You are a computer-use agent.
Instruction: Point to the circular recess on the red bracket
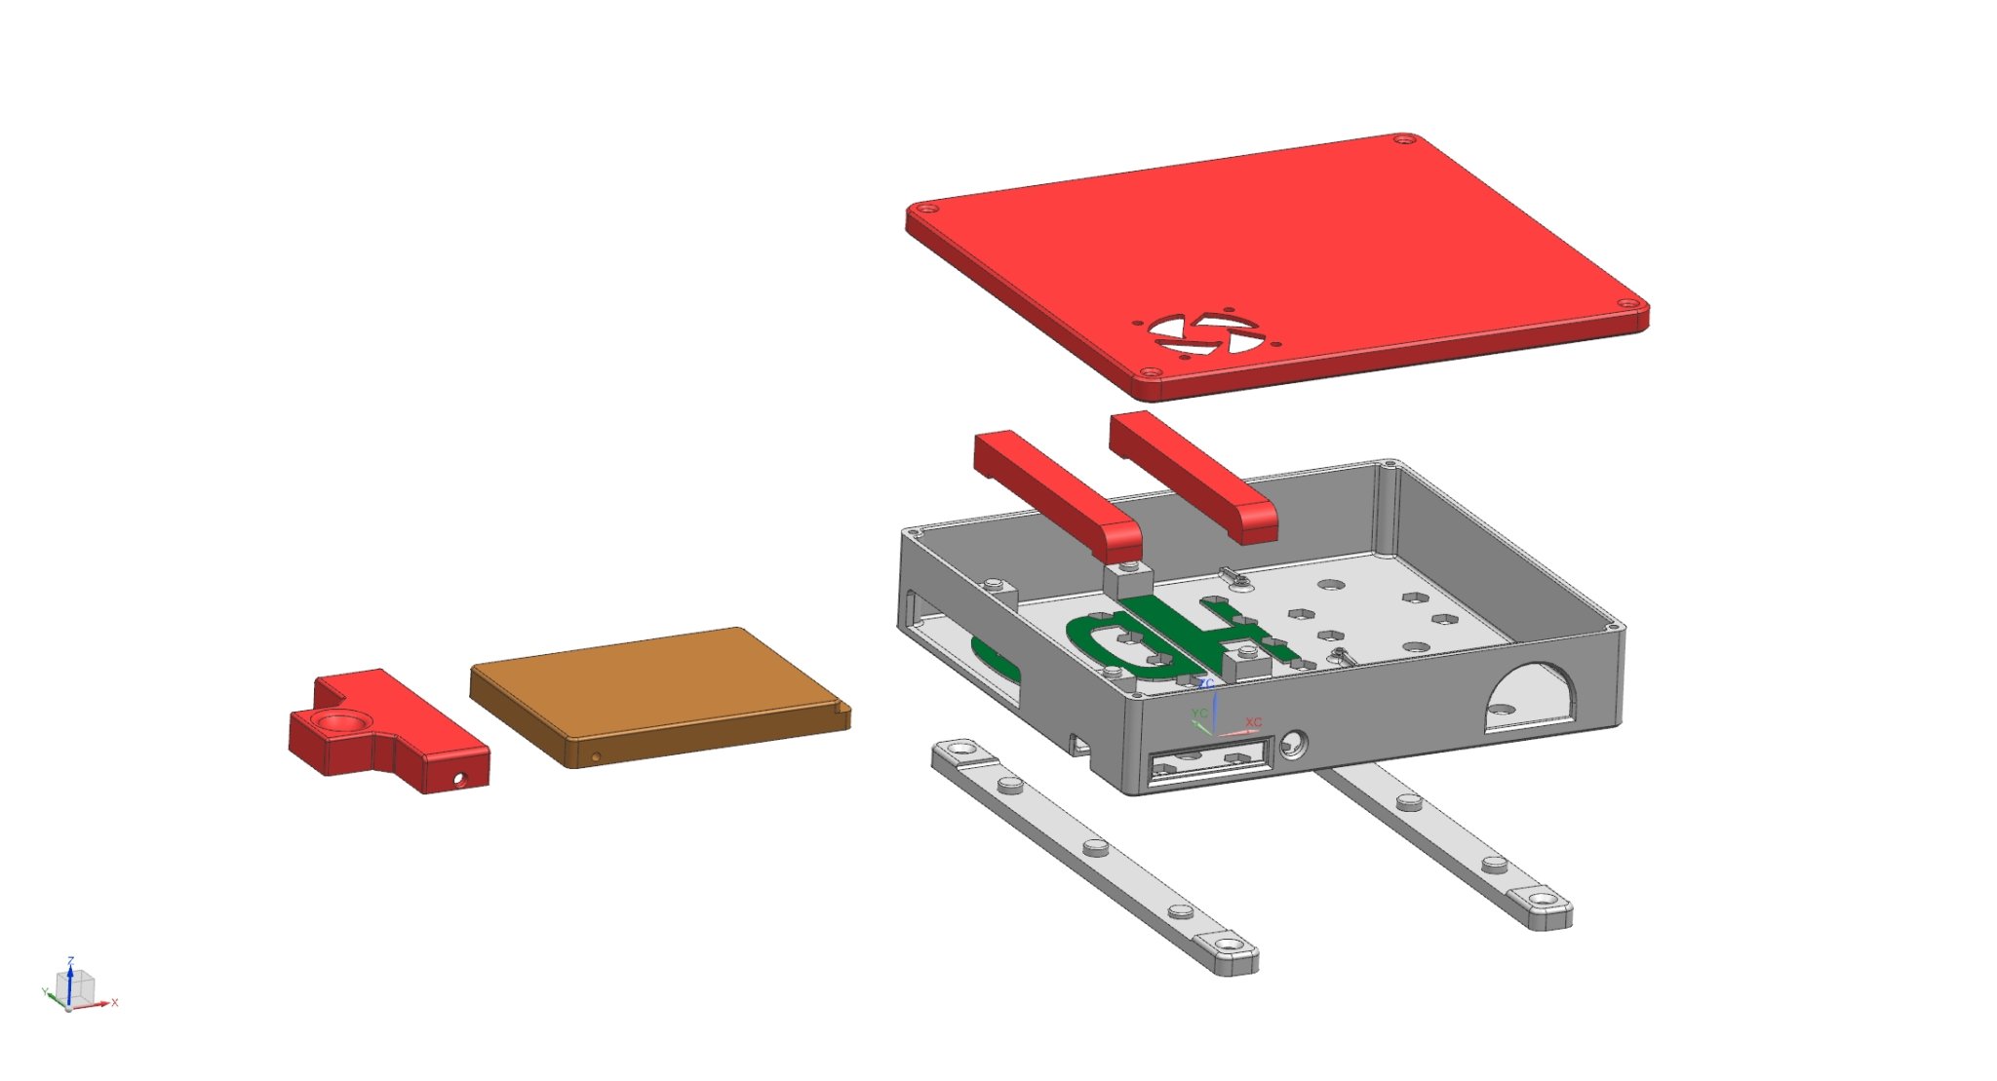point(339,722)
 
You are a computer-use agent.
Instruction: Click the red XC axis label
point(1253,722)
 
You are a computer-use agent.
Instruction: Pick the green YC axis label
point(1199,714)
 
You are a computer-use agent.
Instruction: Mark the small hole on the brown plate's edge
point(597,756)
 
